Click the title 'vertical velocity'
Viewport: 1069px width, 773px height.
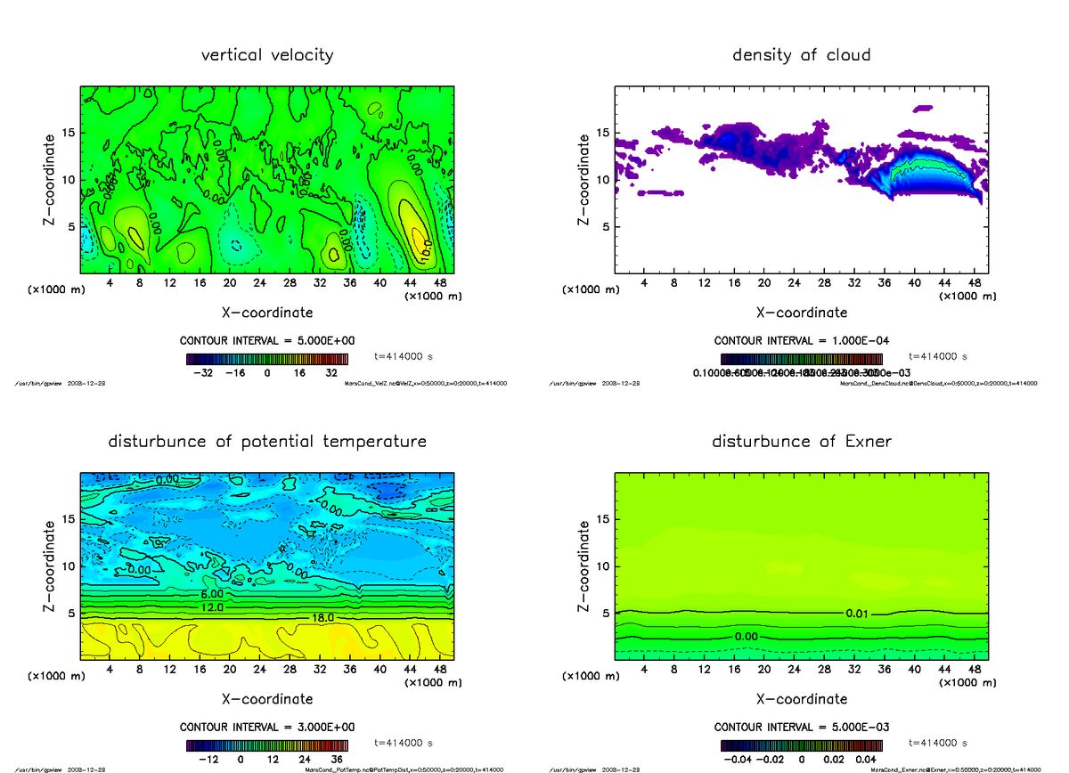267,55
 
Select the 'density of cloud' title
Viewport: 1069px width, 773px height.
801,55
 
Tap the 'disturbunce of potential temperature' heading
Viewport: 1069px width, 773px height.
267,442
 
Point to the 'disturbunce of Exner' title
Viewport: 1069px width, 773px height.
801,442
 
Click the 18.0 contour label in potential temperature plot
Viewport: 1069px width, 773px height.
322,617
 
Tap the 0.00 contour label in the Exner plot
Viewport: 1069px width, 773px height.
747,637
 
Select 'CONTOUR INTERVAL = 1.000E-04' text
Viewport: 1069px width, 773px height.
801,341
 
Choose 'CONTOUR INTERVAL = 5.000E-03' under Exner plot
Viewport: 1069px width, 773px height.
801,727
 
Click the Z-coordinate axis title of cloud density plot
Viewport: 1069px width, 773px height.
584,178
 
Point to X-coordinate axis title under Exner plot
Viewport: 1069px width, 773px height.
801,699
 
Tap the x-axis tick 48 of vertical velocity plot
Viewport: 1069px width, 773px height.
439,282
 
